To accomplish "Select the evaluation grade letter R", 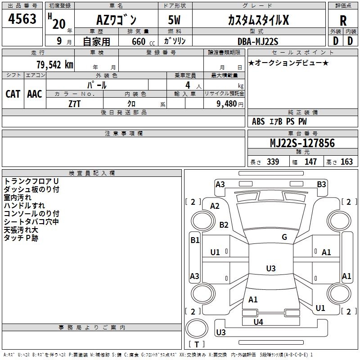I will (343, 20).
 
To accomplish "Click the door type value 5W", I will (175, 20).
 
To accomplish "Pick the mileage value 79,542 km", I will (54, 64).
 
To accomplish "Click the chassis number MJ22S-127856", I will (302, 143).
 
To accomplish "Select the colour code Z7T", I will (75, 103).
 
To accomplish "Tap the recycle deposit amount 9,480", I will (226, 103).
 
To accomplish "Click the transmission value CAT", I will (13, 94).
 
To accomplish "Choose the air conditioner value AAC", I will (35, 94).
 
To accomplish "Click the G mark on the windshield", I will (284, 237).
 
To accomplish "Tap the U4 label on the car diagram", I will (258, 322).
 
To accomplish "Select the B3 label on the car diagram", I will (321, 184).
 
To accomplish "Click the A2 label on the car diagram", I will (215, 206).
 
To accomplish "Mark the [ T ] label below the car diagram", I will (197, 344).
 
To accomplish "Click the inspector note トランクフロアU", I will (31, 181).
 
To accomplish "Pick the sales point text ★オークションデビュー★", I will (288, 63).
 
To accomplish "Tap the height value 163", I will (346, 162).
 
